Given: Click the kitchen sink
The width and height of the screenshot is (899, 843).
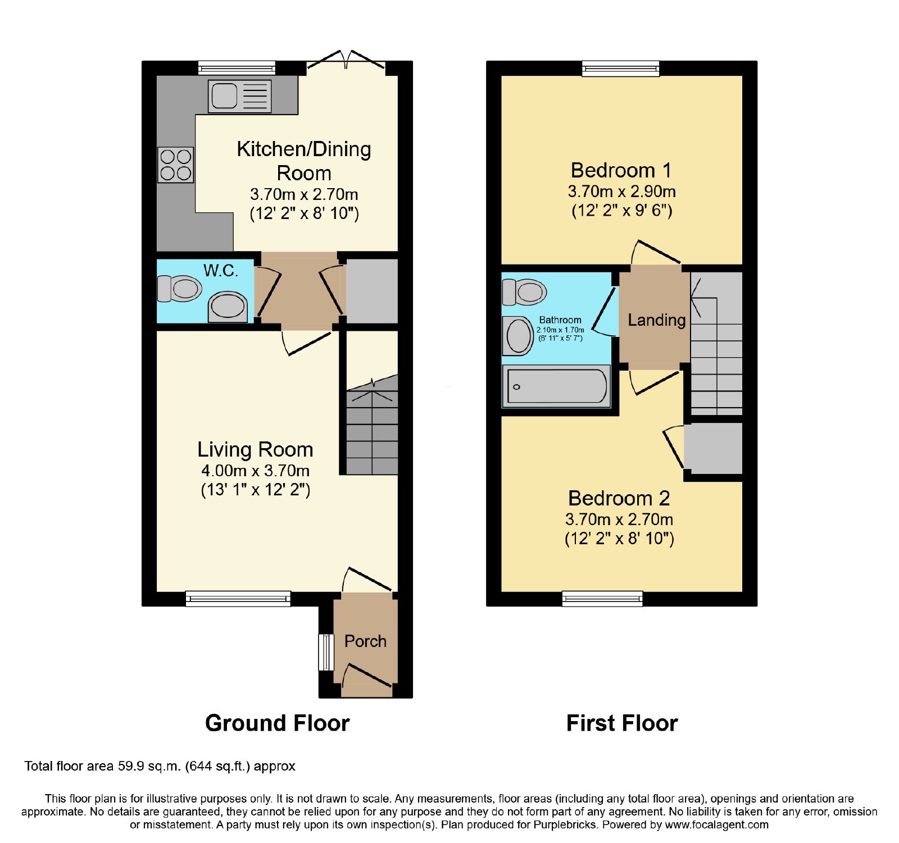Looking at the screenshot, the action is coord(240,96).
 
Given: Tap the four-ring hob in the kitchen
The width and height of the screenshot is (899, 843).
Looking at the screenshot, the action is coord(176,165).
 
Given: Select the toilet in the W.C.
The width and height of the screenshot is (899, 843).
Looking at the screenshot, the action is coord(180,289).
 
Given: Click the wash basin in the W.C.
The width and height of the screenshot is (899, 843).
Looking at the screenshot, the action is coord(228,307).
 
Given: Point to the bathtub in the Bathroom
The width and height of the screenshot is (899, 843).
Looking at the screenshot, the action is coord(556,386).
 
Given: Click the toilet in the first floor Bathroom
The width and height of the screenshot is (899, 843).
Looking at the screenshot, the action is coord(524,291).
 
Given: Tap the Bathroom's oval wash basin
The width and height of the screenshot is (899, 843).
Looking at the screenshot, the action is coord(519,336).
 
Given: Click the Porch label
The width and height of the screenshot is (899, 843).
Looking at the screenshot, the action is coord(365,641).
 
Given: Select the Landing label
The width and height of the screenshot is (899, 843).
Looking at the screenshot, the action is coord(656,320).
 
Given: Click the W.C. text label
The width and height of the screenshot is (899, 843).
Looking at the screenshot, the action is coord(221,271).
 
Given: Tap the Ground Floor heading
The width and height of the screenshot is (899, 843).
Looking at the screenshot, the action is coord(278,723).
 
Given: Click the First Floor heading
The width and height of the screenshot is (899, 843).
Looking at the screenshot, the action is coord(622,723).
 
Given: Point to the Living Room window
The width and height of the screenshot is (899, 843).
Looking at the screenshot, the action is coord(238,599).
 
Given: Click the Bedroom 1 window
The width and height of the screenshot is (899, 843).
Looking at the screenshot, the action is coord(621,69).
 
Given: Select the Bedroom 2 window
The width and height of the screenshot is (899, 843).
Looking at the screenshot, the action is coord(602,599).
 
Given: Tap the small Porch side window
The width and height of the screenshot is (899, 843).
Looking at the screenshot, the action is coord(326,652).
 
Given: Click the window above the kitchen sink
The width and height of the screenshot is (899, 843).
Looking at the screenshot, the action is coord(237,69).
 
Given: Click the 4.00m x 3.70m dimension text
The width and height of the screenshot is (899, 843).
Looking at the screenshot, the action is coord(256,471).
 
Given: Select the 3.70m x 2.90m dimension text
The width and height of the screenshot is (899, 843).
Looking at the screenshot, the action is coord(621,192).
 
